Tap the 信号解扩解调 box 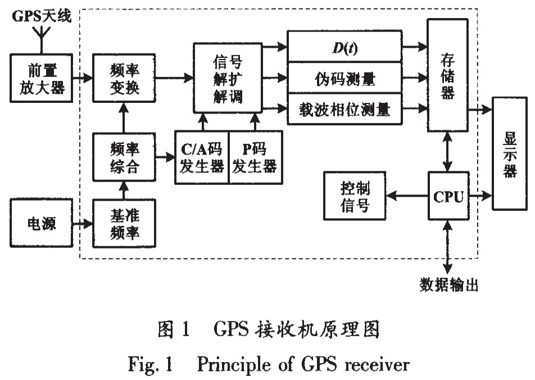(x=228, y=78)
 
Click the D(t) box (x=344, y=48)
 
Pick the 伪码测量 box (x=344, y=79)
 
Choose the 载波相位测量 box (x=344, y=110)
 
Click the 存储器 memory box (x=447, y=75)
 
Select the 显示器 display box (x=509, y=153)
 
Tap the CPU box (x=448, y=196)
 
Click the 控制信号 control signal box (x=355, y=196)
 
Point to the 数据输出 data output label (x=448, y=285)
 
